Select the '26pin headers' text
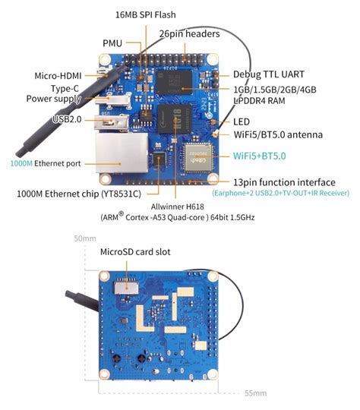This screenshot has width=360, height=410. (190, 34)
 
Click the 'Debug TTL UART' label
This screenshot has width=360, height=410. (267, 74)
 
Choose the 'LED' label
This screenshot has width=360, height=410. (242, 121)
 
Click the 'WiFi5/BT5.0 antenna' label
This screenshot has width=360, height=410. (278, 134)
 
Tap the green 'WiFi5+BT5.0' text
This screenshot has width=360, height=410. (259, 156)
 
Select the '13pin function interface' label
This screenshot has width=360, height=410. (284, 182)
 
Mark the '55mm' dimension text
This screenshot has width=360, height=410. (255, 393)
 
